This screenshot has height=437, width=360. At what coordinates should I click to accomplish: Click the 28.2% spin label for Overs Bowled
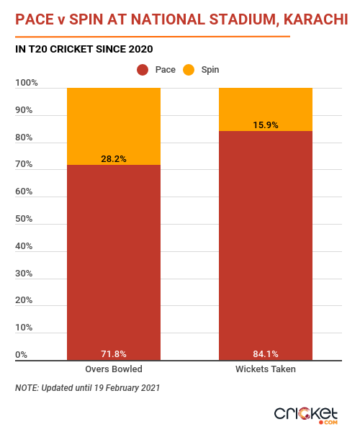114,159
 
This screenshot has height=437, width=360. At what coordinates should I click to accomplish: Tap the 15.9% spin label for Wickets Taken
266,125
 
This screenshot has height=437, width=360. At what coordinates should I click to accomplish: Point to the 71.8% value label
114,354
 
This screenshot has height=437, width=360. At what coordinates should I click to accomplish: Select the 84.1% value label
266,354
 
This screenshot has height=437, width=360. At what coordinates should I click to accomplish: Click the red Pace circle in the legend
143,70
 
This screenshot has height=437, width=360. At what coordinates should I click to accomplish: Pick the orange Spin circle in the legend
189,70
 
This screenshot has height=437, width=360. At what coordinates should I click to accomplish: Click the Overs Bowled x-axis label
114,369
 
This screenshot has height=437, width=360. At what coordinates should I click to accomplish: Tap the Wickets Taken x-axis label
266,369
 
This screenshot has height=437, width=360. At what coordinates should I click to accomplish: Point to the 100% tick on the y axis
27,83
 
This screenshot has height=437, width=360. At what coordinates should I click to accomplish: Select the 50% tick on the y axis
24,219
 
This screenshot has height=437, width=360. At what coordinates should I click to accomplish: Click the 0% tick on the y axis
21,355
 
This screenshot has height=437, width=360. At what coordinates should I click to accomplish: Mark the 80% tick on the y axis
24,138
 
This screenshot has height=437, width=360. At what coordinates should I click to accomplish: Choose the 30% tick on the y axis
24,274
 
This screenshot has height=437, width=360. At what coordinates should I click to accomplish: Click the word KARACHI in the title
315,19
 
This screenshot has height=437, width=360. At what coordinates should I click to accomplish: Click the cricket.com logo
306,415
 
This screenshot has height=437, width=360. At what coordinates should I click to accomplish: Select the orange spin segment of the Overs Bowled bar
114,127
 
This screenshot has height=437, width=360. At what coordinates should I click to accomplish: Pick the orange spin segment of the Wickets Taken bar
266,109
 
